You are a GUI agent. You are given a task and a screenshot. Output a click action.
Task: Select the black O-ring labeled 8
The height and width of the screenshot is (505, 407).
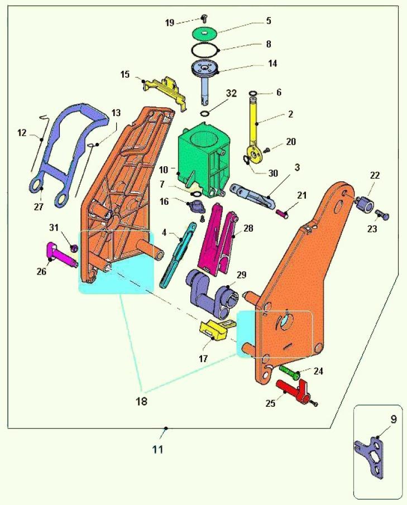tap(205, 49)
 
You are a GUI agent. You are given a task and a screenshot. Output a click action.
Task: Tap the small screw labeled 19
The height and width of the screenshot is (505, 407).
tap(204, 18)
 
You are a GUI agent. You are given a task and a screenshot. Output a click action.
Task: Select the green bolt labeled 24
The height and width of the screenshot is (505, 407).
tap(290, 372)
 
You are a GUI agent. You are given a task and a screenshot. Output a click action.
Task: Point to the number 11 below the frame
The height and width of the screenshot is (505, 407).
tap(157, 449)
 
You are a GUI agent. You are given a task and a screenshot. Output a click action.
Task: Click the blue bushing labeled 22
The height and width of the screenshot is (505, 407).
tap(365, 204)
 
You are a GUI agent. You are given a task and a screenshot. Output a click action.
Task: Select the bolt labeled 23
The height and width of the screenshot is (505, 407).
tap(382, 214)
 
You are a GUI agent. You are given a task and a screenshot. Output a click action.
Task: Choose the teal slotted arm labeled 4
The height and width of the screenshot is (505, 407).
tap(177, 254)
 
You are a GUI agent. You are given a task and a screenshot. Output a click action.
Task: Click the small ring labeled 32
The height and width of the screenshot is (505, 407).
tap(204, 114)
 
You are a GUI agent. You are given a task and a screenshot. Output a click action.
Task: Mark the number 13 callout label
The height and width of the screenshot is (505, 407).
tap(116, 113)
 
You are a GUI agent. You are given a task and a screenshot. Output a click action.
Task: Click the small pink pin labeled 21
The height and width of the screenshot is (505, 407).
tap(282, 214)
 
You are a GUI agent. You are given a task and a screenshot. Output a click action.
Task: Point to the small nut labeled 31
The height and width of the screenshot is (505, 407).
tap(74, 248)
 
